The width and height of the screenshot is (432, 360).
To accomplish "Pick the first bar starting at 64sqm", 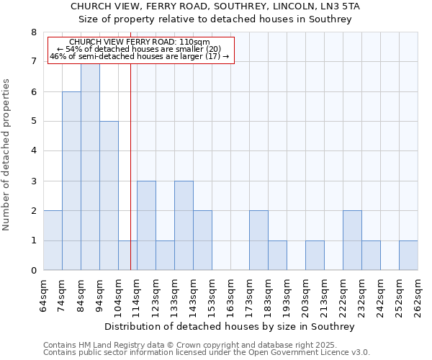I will (x=53, y=240).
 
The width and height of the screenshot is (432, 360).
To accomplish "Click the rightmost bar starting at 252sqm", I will (x=408, y=256).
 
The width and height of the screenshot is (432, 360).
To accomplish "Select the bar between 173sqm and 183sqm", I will (x=258, y=240).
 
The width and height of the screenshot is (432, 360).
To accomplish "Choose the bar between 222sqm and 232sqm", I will (x=352, y=240).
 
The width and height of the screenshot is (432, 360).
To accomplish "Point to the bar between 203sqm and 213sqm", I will (x=315, y=256).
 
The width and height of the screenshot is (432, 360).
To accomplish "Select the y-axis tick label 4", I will (x=33, y=151).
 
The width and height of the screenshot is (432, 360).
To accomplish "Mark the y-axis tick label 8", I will (x=33, y=32).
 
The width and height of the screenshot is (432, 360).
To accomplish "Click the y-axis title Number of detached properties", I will (x=7, y=155).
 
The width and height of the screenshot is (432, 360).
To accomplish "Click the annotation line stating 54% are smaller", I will (x=141, y=49).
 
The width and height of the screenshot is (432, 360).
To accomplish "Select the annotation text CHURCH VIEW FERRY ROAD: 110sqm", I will (x=140, y=42).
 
